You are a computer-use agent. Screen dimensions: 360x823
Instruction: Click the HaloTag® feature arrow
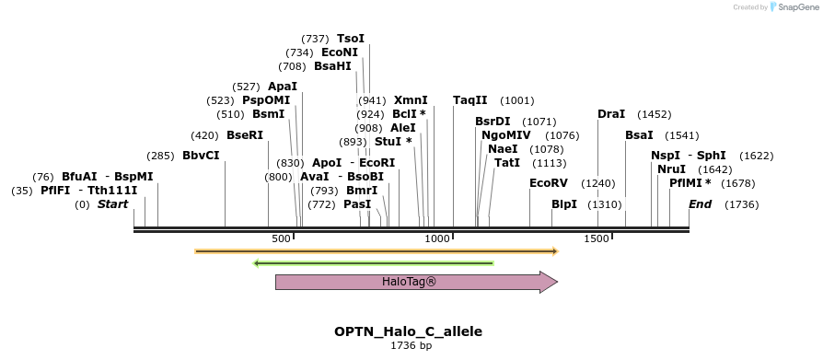[x=416, y=282]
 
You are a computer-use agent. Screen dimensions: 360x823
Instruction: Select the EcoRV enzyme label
[x=549, y=183]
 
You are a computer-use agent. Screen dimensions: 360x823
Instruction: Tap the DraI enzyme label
[x=611, y=114]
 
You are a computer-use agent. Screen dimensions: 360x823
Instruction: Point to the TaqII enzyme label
[x=470, y=100]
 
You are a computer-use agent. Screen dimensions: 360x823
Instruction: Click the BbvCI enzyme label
[x=201, y=156]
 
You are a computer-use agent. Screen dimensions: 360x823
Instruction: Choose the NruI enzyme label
[x=672, y=169]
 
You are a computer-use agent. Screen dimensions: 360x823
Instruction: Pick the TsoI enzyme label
[x=351, y=39]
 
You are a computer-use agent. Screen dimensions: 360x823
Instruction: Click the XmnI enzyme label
[x=411, y=100]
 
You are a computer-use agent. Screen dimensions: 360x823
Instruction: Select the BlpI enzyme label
[x=564, y=204]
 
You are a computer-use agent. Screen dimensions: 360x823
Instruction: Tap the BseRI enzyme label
[x=245, y=135]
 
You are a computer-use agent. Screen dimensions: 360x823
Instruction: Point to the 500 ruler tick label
[x=281, y=239]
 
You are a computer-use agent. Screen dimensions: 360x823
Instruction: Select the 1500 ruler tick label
[x=597, y=239]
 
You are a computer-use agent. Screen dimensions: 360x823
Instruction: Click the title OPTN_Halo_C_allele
[x=408, y=331]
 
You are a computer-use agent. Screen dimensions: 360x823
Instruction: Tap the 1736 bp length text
[x=411, y=346]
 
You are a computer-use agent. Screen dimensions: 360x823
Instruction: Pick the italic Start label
[x=113, y=204]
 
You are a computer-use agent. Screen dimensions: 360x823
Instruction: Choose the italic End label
[x=701, y=204]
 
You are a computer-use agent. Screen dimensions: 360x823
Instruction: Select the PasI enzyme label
[x=357, y=204]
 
